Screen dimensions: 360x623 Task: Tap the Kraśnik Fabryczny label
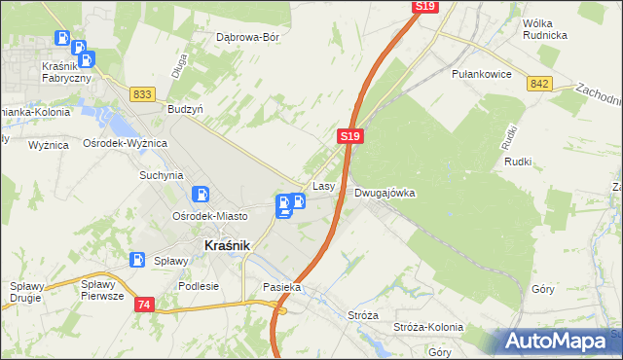66,72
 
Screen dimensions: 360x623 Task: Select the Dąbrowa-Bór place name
247,38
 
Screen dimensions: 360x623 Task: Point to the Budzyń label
185,110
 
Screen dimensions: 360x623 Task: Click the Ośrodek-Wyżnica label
126,143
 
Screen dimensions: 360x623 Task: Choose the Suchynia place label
161,176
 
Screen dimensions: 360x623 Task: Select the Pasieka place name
282,288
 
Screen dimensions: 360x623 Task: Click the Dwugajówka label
385,193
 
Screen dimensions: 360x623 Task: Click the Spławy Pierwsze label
102,290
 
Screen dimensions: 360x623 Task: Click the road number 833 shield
143,93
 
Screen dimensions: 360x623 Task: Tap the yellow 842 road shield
540,85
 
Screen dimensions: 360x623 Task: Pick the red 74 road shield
145,305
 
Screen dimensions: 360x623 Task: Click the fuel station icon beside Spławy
138,260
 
